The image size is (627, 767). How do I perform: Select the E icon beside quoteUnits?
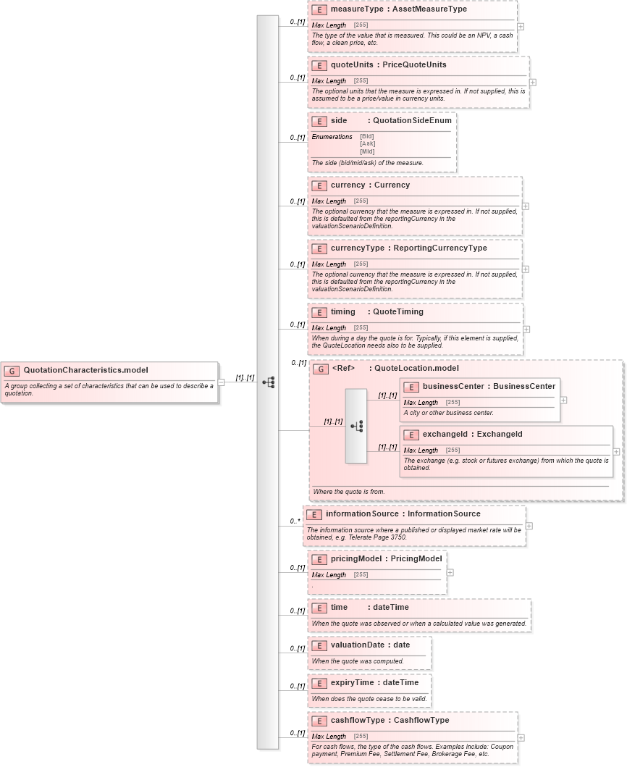tap(319, 65)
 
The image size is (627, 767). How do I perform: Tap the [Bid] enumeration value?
tap(367, 136)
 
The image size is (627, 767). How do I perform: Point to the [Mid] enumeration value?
tap(367, 151)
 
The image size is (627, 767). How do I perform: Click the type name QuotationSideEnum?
tap(412, 121)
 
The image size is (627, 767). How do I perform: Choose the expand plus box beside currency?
tap(526, 206)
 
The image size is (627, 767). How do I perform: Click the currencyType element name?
tap(358, 248)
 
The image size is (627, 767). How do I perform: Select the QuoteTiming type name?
tap(398, 312)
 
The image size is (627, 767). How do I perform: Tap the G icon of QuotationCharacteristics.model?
tap(12, 370)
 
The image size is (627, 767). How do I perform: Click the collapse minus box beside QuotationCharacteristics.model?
tap(222, 382)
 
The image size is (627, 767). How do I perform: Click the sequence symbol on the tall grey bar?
tap(268, 382)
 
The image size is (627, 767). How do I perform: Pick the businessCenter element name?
tap(454, 387)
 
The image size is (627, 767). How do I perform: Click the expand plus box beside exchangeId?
tap(616, 451)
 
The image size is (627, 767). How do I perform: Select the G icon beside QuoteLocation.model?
tap(321, 369)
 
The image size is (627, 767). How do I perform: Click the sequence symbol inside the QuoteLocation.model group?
tap(356, 426)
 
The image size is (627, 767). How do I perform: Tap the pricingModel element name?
tap(355, 559)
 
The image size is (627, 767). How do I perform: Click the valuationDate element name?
tap(358, 645)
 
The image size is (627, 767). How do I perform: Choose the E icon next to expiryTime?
tap(319, 683)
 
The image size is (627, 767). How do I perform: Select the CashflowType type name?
tap(421, 721)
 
